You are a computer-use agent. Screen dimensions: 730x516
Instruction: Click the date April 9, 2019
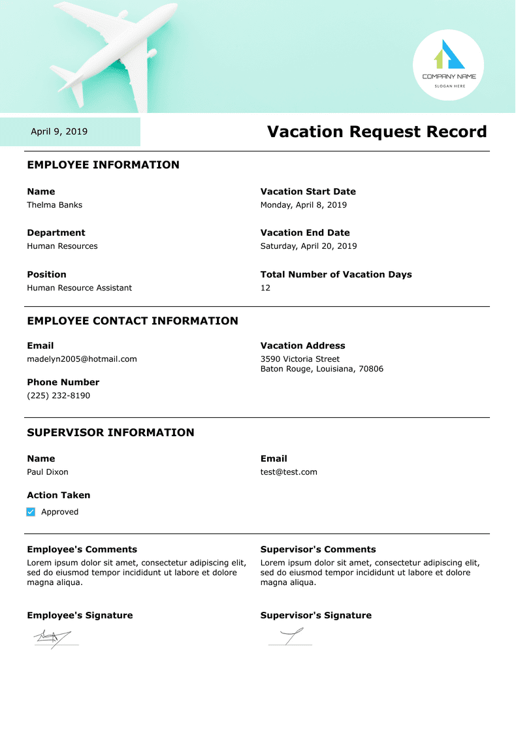(x=59, y=132)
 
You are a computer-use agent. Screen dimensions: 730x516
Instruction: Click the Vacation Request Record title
(x=377, y=132)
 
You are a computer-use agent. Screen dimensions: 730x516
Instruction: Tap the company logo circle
(x=449, y=65)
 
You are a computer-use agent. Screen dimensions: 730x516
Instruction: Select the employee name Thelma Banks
(x=55, y=205)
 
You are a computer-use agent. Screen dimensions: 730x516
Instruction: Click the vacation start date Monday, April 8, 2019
(x=304, y=205)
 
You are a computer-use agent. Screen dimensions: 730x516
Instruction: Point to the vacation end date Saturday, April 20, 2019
(x=309, y=246)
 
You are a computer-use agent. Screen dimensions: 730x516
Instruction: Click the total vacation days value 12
(x=265, y=288)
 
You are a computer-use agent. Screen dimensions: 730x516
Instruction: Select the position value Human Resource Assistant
(x=79, y=288)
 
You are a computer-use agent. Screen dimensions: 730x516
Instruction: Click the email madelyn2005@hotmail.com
(x=82, y=359)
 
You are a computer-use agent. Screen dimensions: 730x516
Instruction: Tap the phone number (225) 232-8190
(x=59, y=396)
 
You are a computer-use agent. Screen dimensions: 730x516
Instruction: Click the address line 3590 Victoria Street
(x=300, y=359)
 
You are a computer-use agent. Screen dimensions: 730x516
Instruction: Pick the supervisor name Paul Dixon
(x=48, y=472)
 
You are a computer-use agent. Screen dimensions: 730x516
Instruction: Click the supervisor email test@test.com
(x=289, y=472)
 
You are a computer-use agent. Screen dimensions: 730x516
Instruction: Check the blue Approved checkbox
(x=31, y=512)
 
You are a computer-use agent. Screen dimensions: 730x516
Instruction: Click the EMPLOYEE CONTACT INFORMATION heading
(x=133, y=321)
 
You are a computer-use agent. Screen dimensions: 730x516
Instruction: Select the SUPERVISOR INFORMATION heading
(x=110, y=433)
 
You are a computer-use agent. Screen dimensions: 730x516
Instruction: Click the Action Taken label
(x=59, y=496)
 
